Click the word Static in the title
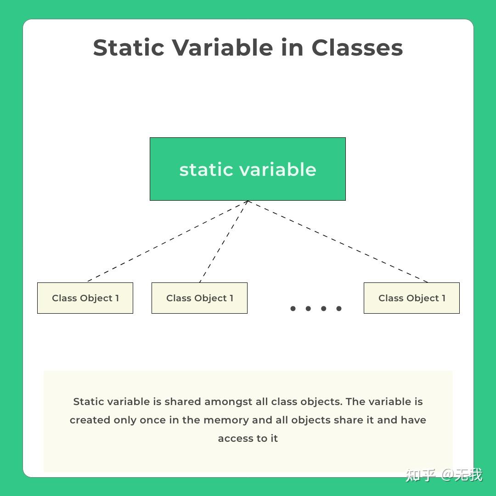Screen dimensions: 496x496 [128, 48]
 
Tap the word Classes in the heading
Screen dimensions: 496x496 [357, 48]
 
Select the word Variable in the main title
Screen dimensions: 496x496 [222, 48]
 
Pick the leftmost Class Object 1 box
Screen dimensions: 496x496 [85, 298]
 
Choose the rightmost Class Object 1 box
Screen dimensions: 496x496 [411, 298]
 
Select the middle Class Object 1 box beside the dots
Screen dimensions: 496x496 [199, 298]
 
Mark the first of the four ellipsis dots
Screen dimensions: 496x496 [293, 309]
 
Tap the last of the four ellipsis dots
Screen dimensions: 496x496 [339, 309]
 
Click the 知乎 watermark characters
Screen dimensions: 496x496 [420, 475]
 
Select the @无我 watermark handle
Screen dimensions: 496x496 [462, 475]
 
